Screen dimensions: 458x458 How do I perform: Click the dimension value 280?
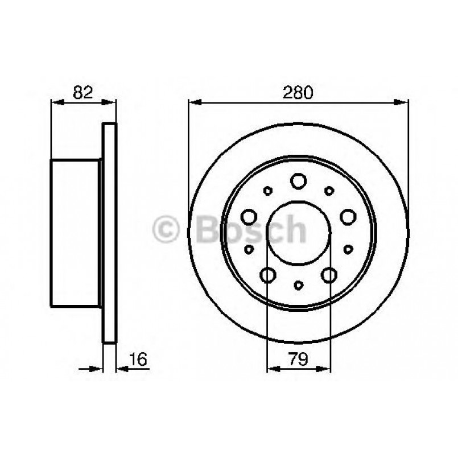pos(298,92)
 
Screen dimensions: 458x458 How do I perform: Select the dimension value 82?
pos(83,92)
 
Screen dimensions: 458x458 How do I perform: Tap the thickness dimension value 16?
pos(138,359)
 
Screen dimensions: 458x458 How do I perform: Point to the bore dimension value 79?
pos(298,359)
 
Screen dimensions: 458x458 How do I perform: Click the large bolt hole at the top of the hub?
pos(298,181)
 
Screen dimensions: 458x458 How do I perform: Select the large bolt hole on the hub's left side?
pos(249,216)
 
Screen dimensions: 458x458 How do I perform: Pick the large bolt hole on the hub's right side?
pos(348,216)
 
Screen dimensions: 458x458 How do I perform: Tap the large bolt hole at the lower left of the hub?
pos(267,275)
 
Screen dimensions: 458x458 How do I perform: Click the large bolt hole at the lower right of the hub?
pos(329,275)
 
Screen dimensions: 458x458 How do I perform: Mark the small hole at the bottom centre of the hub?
pos(298,284)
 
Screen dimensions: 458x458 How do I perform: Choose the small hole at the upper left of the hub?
pos(267,191)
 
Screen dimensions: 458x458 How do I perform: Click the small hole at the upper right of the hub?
pos(329,191)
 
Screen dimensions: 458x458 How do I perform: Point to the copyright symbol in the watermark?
pos(166,230)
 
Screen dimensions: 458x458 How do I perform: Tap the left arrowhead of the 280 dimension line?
pos(193,102)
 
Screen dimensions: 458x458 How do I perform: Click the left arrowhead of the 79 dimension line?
pos(272,369)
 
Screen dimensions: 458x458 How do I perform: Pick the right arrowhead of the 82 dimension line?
pos(111,102)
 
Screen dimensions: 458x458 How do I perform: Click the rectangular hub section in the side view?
pos(75,232)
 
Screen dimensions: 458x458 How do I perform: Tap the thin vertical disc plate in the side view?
pos(109,232)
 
